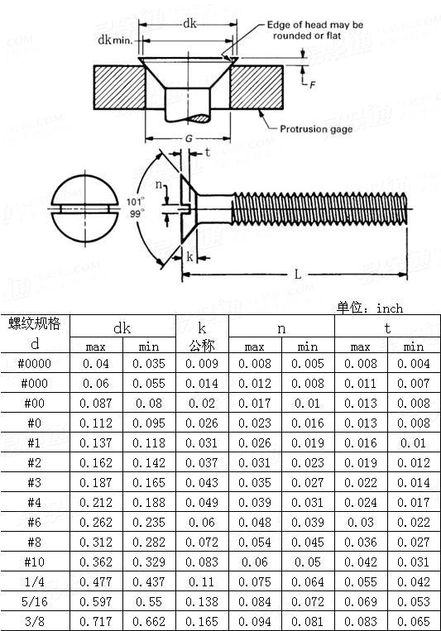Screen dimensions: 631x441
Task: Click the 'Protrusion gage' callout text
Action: click(x=316, y=129)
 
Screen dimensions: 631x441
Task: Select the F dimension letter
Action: click(x=312, y=84)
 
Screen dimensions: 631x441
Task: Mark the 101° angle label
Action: click(x=135, y=201)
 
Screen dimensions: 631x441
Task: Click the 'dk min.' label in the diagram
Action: click(x=116, y=40)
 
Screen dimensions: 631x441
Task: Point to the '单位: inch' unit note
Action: click(x=370, y=308)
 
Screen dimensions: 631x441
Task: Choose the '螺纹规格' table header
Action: click(x=35, y=323)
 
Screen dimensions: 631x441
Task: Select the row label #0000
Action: click(x=34, y=364)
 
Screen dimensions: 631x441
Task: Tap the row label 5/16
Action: click(x=34, y=601)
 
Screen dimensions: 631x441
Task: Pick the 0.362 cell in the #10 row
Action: click(x=95, y=562)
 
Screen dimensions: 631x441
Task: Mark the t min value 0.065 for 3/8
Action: click(x=413, y=620)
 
